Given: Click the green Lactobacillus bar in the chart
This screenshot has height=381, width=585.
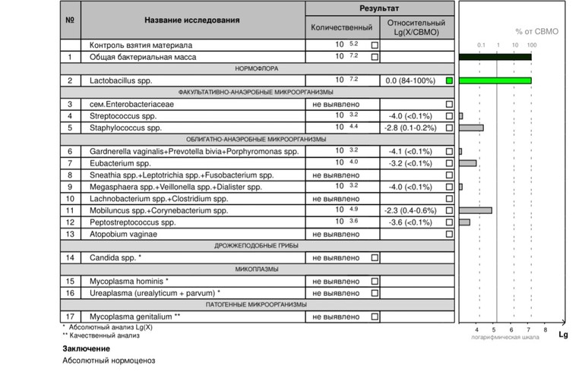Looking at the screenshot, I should pyautogui.click(x=495, y=80).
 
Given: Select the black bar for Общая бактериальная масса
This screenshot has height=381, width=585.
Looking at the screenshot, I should pyautogui.click(x=495, y=57).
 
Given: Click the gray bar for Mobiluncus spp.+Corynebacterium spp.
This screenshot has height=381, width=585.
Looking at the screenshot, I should pyautogui.click(x=476, y=210).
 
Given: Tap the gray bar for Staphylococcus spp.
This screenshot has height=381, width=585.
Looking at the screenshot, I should pyautogui.click(x=471, y=128).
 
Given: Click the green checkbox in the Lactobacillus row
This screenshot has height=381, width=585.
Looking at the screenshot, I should pyautogui.click(x=449, y=80).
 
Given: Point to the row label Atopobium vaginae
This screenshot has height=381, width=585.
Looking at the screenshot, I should pyautogui.click(x=125, y=234).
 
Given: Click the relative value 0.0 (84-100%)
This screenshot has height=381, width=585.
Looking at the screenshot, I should pyautogui.click(x=409, y=80).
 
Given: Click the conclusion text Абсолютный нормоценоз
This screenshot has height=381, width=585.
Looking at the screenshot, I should pyautogui.click(x=109, y=361).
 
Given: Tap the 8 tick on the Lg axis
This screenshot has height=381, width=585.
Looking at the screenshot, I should pyautogui.click(x=545, y=329).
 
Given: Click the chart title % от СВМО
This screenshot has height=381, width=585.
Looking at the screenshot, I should pyautogui.click(x=536, y=31).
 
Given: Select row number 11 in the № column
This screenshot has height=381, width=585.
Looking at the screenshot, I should pyautogui.click(x=70, y=210).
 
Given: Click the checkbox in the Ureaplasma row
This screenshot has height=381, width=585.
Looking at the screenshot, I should pyautogui.click(x=374, y=293).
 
